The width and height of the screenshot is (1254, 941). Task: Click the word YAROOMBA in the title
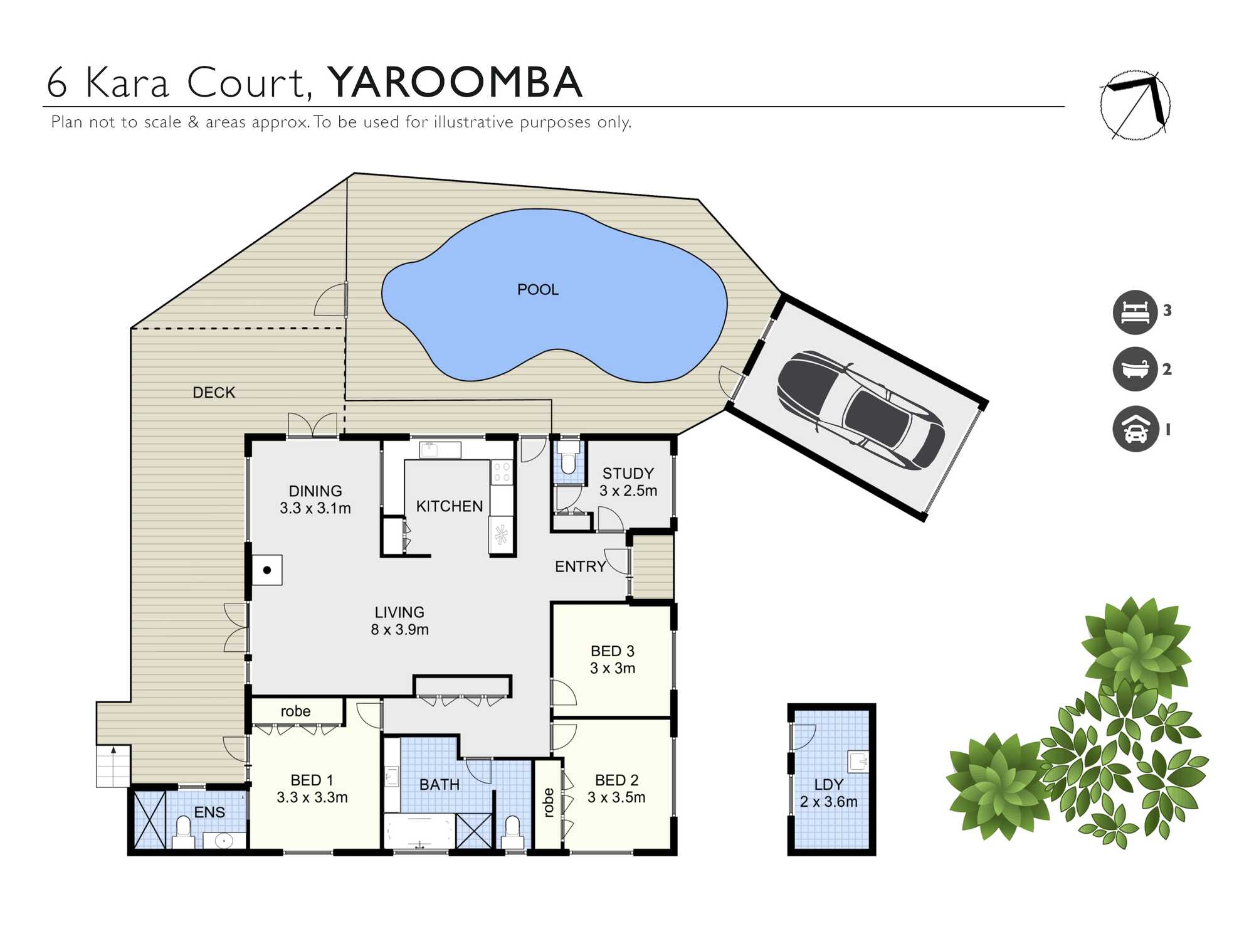[455, 82]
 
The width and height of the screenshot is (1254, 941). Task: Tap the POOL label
[537, 289]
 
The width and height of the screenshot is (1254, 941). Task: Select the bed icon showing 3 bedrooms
[1135, 312]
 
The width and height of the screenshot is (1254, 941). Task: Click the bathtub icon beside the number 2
[1135, 369]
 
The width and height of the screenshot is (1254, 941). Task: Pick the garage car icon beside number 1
[1135, 429]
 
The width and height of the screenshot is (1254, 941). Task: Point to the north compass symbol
[1135, 105]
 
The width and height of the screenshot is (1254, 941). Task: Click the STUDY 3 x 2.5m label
[628, 482]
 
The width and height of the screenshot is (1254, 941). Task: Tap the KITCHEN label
[450, 506]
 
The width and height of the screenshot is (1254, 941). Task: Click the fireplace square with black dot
[267, 570]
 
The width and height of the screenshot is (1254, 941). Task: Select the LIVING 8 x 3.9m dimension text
[399, 620]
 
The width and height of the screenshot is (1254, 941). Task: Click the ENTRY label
[580, 566]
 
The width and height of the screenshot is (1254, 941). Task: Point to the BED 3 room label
[613, 659]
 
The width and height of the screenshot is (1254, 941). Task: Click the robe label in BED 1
[295, 711]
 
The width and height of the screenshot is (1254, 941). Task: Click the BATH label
[439, 784]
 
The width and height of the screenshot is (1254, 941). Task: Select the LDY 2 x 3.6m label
[828, 793]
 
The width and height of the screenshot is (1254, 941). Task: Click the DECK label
[213, 392]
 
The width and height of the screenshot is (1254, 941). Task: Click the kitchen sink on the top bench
[430, 449]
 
